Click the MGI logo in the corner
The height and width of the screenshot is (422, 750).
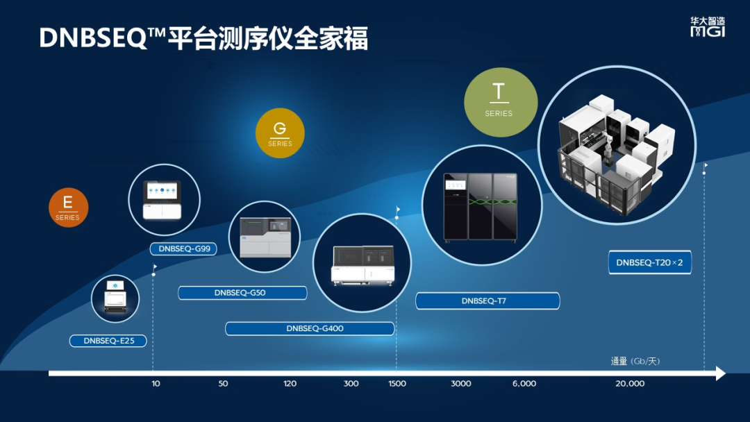pyautogui.click(x=708, y=27)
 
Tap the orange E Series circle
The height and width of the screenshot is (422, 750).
pyautogui.click(x=68, y=208)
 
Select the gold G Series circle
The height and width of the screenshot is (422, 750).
pyautogui.click(x=280, y=133)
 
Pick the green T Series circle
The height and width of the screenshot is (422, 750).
pyautogui.click(x=500, y=102)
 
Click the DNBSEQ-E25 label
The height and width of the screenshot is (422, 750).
pyautogui.click(x=108, y=341)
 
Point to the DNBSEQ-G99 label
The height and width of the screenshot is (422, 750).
pyautogui.click(x=183, y=248)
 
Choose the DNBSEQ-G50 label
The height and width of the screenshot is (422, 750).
pyautogui.click(x=242, y=292)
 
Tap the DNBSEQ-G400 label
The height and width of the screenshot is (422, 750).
pyautogui.click(x=310, y=328)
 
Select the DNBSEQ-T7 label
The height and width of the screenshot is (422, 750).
pyautogui.click(x=487, y=301)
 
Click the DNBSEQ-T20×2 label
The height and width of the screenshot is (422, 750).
pyautogui.click(x=649, y=262)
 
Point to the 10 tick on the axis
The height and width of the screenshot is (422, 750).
pyautogui.click(x=156, y=383)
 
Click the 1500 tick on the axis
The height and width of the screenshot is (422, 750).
pyautogui.click(x=397, y=383)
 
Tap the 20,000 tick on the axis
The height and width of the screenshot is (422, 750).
pyautogui.click(x=630, y=383)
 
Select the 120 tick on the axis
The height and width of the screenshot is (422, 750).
pyautogui.click(x=290, y=383)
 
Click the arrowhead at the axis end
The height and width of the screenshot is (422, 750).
pyautogui.click(x=720, y=373)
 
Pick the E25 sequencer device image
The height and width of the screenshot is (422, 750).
pyautogui.click(x=115, y=296)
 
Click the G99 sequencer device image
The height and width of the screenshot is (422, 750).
pyautogui.click(x=162, y=201)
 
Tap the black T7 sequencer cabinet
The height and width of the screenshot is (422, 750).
pyautogui.click(x=481, y=207)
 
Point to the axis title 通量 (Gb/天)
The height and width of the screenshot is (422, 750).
pyautogui.click(x=635, y=361)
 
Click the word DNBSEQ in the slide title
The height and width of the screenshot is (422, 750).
pyautogui.click(x=94, y=37)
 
